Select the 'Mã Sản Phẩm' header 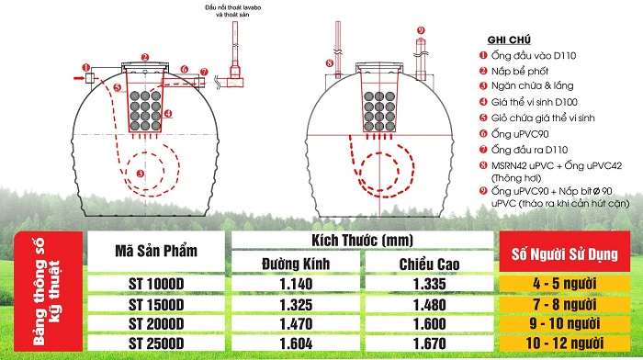coord(157,252)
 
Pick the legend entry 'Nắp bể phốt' coord(525,72)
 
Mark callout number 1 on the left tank coord(85,67)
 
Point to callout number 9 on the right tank coord(421,30)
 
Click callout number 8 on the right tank coord(328,62)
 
